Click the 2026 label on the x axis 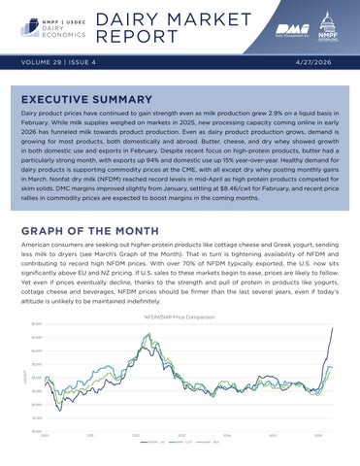[x=318, y=436]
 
